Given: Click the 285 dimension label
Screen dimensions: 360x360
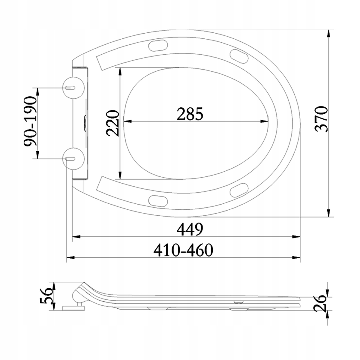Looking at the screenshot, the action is pyautogui.click(x=190, y=114).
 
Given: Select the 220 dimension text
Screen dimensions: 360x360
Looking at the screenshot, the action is pyautogui.click(x=112, y=123).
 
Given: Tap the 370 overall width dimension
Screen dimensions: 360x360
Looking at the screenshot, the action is pyautogui.click(x=321, y=119).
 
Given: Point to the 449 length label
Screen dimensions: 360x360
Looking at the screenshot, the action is pyautogui.click(x=190, y=229).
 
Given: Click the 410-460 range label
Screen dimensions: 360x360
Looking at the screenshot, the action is pyautogui.click(x=183, y=250).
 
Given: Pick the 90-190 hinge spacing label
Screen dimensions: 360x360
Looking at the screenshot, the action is pyautogui.click(x=30, y=121).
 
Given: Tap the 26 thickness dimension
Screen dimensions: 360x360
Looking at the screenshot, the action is pyautogui.click(x=320, y=303).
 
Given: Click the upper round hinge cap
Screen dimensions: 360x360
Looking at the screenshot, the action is pyautogui.click(x=73, y=88).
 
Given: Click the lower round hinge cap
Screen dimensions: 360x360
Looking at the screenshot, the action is pyautogui.click(x=73, y=159).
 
